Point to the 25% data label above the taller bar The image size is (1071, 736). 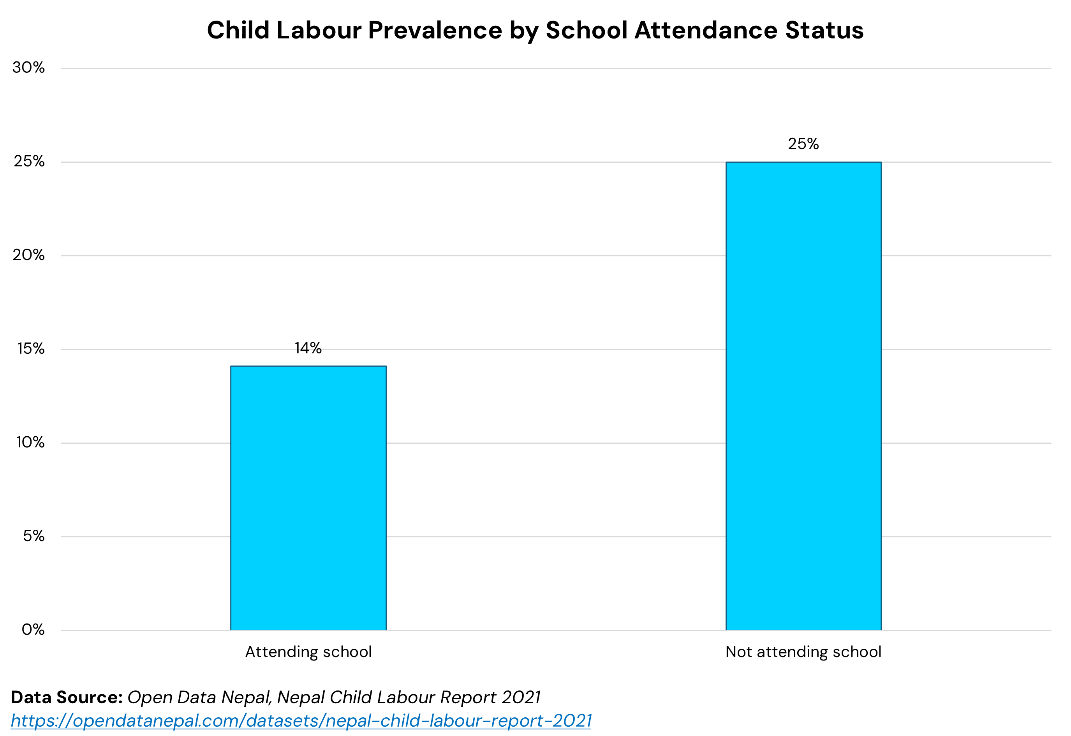click(803, 144)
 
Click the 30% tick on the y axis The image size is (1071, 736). click(28, 68)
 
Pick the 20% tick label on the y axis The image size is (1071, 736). click(28, 255)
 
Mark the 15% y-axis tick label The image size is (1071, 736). click(31, 348)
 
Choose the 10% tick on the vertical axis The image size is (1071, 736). click(30, 442)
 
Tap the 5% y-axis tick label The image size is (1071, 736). click(33, 536)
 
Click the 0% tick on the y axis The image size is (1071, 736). click(33, 629)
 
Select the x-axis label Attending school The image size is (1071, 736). click(308, 652)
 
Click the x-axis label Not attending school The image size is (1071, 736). click(803, 652)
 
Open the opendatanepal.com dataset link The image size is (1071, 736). click(301, 720)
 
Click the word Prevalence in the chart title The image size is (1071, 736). click(435, 30)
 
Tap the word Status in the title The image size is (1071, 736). click(824, 30)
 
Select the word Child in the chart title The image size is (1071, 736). click(238, 30)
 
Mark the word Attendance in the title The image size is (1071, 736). click(706, 30)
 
